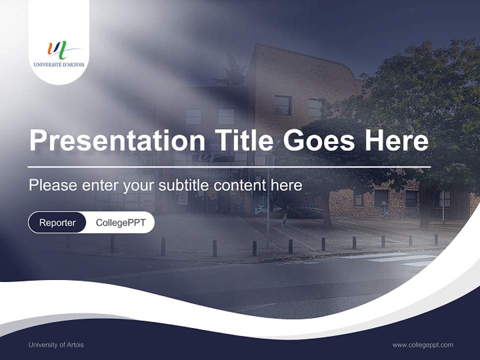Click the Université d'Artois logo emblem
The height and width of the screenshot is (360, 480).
click(x=58, y=50)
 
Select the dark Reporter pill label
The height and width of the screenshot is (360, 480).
click(x=57, y=222)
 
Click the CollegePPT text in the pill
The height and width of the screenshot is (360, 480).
click(x=120, y=222)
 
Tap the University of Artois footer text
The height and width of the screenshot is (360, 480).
click(x=56, y=344)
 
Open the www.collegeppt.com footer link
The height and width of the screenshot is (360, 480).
click(x=422, y=344)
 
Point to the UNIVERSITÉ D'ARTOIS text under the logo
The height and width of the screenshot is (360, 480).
click(x=58, y=64)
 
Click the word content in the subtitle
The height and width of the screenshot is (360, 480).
click(x=240, y=185)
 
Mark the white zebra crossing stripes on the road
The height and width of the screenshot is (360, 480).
click(x=395, y=258)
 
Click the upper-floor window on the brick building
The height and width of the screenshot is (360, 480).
click(x=282, y=105)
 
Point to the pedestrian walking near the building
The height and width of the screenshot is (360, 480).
click(x=285, y=219)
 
